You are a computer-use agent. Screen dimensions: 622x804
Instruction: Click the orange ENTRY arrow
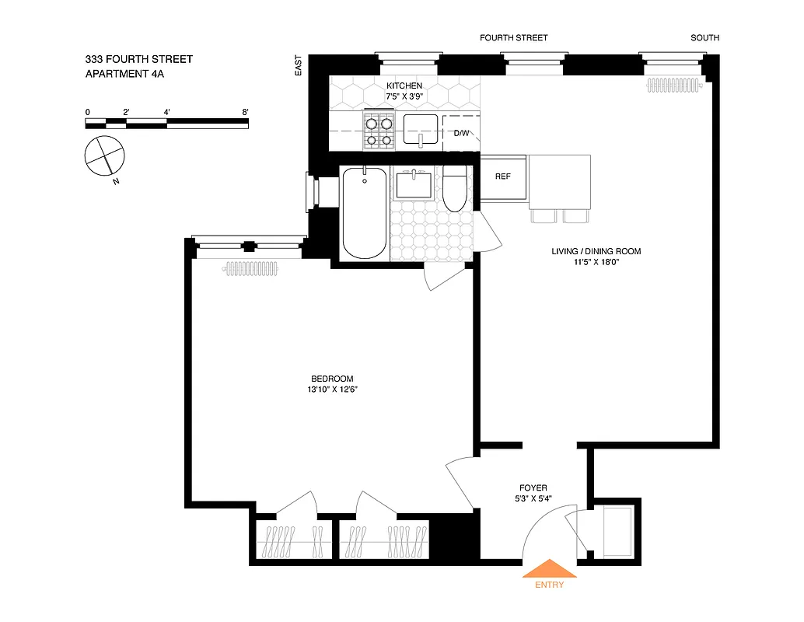click(x=550, y=569)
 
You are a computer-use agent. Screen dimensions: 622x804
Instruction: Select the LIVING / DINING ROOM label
click(x=596, y=251)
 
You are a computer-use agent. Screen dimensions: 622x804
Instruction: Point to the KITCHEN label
click(x=404, y=86)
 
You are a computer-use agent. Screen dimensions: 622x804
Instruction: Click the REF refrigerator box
click(x=503, y=176)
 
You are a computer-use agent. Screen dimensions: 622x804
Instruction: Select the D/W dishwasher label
click(x=462, y=134)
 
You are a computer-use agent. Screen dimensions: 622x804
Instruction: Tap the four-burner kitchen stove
click(x=379, y=131)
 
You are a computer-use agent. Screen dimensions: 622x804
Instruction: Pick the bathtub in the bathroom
click(x=365, y=213)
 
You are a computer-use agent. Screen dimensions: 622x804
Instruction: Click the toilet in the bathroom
click(x=455, y=189)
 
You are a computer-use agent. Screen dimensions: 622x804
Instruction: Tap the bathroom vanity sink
click(x=414, y=185)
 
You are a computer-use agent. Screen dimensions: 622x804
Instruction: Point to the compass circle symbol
click(x=103, y=155)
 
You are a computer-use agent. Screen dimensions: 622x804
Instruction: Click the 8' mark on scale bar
click(x=245, y=113)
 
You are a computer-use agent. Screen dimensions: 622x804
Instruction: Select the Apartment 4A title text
click(x=124, y=75)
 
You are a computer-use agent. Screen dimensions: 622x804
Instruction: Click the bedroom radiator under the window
click(x=251, y=269)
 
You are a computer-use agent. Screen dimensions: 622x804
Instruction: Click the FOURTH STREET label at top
click(x=513, y=37)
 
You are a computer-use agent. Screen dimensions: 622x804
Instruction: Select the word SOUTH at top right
click(x=704, y=37)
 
